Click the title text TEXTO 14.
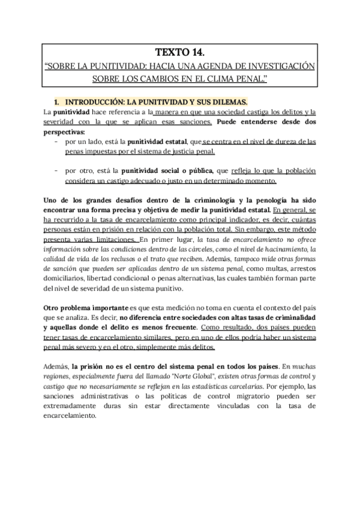[179, 52]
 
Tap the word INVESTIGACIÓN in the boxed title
[281, 65]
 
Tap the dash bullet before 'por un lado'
[56, 142]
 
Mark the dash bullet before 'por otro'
[56, 171]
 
